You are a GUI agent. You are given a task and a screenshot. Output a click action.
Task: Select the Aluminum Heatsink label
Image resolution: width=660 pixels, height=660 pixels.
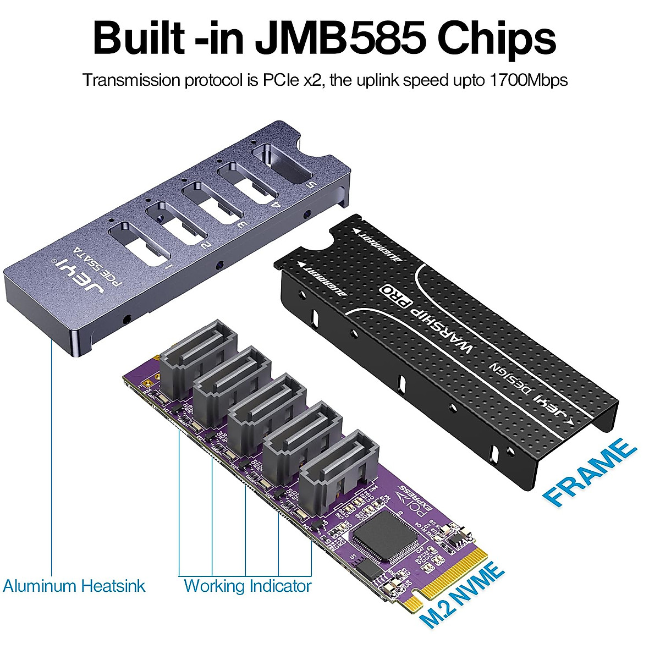pyautogui.click(x=74, y=585)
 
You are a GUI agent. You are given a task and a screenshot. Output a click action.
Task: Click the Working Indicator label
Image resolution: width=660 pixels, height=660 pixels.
pyautogui.click(x=247, y=586)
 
